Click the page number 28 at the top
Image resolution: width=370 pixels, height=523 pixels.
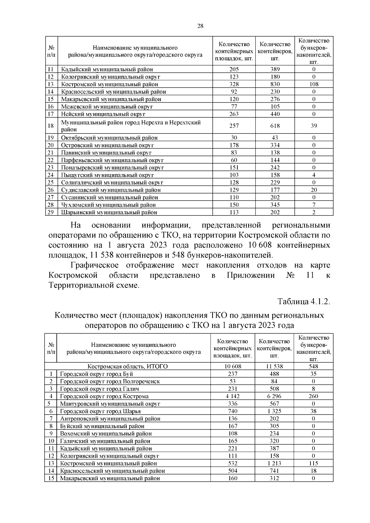200,26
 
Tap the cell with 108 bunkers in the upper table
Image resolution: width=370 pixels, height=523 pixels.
314,84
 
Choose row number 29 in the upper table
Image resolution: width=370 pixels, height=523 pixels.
51,212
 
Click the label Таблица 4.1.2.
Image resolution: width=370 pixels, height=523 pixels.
304,301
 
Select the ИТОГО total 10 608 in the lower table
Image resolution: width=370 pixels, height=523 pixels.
232,366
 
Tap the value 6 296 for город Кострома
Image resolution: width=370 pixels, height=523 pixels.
274,396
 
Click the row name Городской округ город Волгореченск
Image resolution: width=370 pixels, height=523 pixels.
110,382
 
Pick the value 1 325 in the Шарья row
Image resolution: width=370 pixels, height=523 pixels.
274,411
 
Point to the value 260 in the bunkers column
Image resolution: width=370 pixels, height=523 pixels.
313,396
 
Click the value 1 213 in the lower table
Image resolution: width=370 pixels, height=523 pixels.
274,463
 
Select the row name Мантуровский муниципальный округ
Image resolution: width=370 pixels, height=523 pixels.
110,404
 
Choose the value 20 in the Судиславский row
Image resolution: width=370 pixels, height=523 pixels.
314,190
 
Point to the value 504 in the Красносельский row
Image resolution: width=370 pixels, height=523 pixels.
232,471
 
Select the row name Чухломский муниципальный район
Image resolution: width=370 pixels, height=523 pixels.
108,205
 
